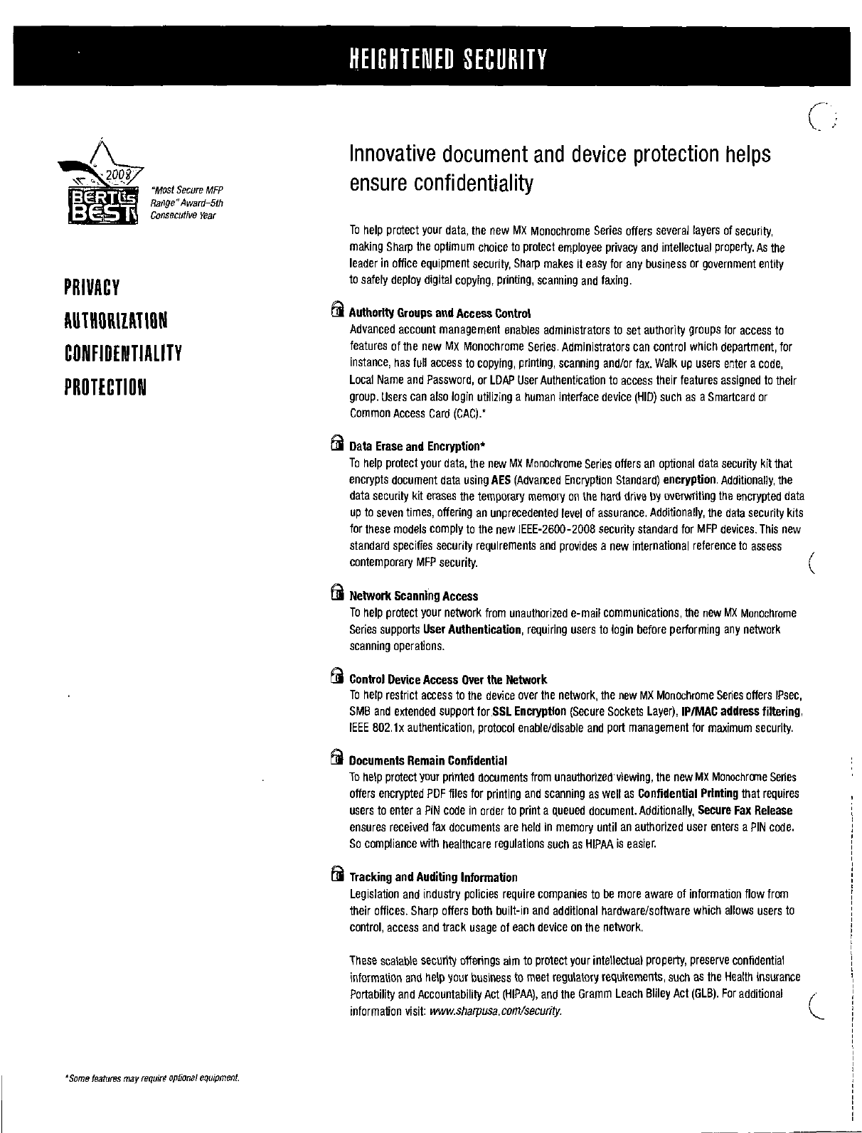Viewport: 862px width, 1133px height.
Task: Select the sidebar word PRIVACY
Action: (92, 288)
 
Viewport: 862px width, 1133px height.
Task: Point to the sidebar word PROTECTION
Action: (105, 387)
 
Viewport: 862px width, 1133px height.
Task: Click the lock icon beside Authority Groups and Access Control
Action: (337, 311)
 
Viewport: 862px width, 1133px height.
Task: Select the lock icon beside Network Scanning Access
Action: (337, 594)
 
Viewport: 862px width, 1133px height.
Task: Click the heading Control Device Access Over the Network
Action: (448, 680)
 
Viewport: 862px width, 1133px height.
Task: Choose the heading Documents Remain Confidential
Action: (428, 761)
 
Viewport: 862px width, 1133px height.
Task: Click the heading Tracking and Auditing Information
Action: (433, 877)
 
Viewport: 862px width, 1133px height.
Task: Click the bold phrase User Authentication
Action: (472, 629)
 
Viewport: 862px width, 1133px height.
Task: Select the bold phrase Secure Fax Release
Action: (745, 811)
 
